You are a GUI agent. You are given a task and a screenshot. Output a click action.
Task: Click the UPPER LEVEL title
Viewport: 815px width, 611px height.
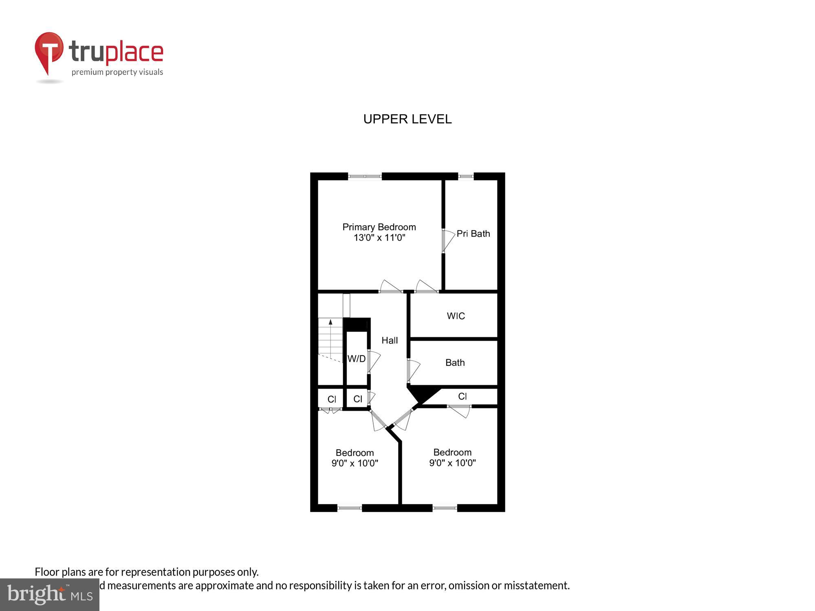[x=407, y=119]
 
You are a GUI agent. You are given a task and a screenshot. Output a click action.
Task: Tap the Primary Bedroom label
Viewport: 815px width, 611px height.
[x=379, y=227]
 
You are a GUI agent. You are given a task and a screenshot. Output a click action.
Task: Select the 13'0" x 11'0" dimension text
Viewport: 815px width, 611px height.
[x=379, y=237]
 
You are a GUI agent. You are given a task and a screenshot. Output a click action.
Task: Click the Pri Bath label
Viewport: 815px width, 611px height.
[x=473, y=233]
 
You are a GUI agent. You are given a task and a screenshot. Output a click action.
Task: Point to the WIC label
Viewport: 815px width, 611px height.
[x=456, y=316]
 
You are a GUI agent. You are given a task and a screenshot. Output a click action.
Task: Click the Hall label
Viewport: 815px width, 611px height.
[x=390, y=340]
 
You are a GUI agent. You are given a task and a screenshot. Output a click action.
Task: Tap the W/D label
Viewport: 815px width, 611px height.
[x=356, y=358]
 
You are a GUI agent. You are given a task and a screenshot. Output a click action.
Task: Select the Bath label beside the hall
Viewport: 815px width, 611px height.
[x=455, y=363]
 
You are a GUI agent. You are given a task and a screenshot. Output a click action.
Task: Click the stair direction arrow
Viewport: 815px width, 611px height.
[x=330, y=322]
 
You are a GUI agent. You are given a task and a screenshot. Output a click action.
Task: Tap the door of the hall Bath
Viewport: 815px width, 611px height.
[x=413, y=370]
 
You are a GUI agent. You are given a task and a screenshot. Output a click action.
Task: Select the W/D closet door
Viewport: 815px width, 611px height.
[x=373, y=360]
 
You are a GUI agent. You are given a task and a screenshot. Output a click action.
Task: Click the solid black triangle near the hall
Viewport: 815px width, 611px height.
[x=422, y=393]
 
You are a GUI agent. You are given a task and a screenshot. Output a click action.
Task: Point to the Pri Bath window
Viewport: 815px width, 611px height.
[x=466, y=176]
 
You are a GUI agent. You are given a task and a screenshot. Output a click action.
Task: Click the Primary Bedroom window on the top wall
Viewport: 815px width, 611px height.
[x=365, y=176]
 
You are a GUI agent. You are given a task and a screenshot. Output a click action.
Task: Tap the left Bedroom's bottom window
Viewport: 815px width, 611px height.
[x=350, y=508]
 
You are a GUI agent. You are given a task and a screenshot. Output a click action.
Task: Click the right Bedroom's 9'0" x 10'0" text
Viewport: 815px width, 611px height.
[x=452, y=463]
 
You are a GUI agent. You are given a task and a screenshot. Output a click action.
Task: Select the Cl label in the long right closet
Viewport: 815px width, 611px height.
[x=462, y=396]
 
